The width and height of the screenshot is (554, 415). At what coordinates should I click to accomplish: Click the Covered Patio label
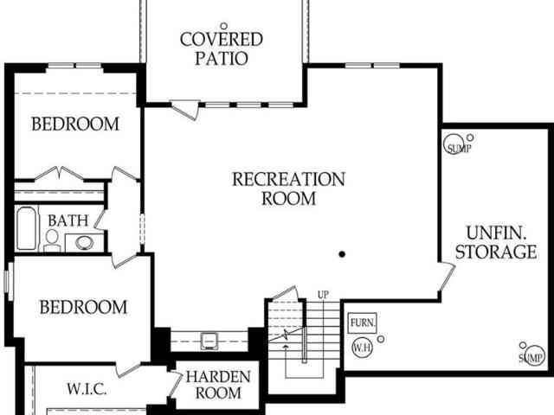point(222,49)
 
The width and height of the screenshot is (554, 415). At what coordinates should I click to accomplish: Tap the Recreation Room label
point(288,188)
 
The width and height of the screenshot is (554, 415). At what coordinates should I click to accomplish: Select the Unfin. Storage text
point(496,242)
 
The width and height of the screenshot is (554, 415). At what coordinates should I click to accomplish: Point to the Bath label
point(68,220)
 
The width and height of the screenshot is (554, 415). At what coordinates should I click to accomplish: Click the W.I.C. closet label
point(87,389)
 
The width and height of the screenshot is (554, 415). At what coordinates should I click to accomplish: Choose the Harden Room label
point(218,385)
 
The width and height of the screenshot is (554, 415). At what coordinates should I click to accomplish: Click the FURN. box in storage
point(363,322)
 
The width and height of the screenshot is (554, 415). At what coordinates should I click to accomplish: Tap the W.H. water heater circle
point(362,348)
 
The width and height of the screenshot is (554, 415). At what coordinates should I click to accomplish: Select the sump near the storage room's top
point(455,144)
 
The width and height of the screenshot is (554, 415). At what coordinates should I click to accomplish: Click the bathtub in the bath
point(27,228)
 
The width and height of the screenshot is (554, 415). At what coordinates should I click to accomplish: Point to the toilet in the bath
point(52,240)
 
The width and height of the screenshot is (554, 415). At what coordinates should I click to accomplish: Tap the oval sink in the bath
point(85,243)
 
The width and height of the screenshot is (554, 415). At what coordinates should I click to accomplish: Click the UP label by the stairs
point(323,294)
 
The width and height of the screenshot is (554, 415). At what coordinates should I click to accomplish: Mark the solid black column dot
point(342,254)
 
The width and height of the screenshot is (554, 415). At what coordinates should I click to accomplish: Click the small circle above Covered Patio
point(223,26)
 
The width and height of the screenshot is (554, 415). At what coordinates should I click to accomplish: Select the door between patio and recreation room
point(184,110)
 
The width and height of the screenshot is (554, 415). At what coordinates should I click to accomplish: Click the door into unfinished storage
point(448,277)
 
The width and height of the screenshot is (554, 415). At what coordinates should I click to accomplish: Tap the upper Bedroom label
point(75,124)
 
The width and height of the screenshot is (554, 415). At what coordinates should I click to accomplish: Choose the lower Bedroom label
point(83,307)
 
